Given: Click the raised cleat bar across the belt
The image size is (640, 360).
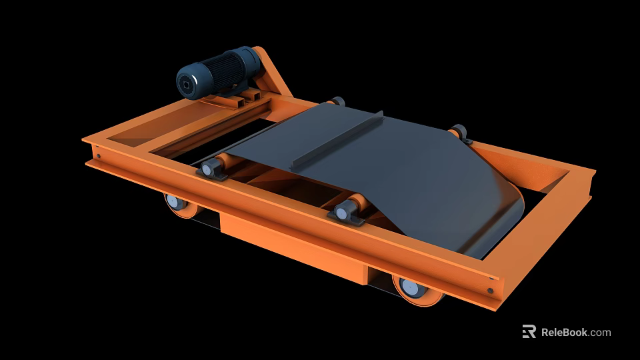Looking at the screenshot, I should click(340, 140).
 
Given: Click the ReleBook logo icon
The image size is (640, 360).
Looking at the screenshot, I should click(529, 331).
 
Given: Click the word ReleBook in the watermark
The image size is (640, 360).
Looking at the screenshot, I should click(564, 332).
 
